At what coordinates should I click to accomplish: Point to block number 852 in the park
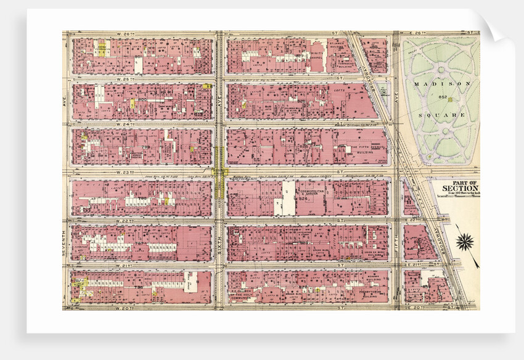[442, 99]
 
